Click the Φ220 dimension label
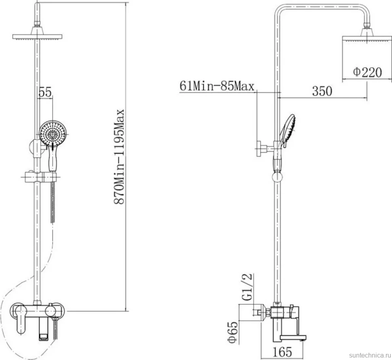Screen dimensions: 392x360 click(367, 72)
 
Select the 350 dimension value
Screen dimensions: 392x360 click(322, 91)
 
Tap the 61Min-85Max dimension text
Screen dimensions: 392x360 click(217, 86)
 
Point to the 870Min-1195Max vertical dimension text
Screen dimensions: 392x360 click(119, 157)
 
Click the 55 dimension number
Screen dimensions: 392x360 click(45, 92)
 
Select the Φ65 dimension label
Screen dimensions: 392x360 click(233, 332)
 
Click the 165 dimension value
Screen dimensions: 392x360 click(282, 352)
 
